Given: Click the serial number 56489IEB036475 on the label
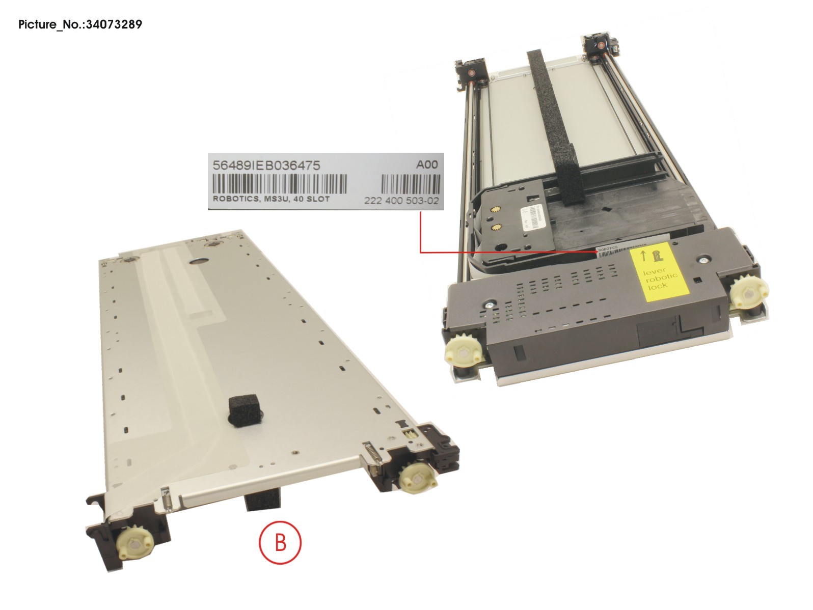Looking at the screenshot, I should pos(266,165).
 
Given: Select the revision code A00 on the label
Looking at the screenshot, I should pos(426,164).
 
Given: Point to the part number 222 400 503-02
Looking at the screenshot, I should pos(401,201).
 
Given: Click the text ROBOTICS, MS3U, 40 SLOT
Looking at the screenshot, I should pos(271,199).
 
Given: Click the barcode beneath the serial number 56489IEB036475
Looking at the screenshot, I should pos(279,184).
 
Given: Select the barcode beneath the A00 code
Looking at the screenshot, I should pos(410,184).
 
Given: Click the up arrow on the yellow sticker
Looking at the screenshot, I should pos(643,256).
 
